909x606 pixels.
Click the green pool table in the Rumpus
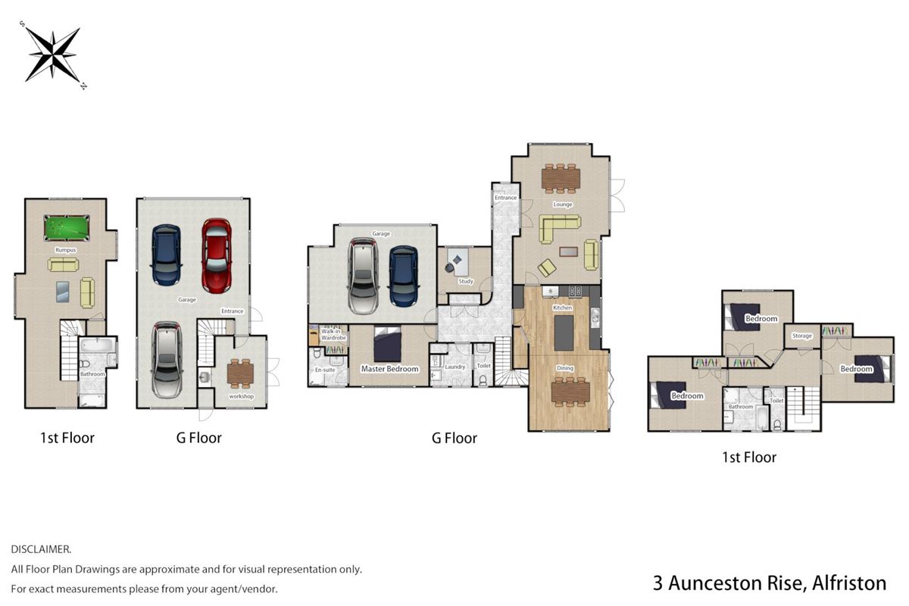[x=67, y=228]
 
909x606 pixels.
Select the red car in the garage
[x=217, y=256]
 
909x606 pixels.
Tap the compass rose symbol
[x=53, y=55]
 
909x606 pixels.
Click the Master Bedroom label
[x=389, y=369]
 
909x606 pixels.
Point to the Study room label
[x=466, y=281]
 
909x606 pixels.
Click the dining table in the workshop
[x=241, y=373]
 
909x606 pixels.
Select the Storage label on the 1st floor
[x=802, y=336]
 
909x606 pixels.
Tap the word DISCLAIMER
[x=41, y=549]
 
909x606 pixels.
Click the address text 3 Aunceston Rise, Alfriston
[x=770, y=583]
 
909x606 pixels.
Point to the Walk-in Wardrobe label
[x=333, y=335]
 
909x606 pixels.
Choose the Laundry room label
[x=454, y=367]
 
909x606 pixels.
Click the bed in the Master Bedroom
[x=388, y=344]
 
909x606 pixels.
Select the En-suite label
[x=325, y=370]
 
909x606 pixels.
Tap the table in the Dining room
[x=570, y=392]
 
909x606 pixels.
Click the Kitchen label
[x=562, y=308]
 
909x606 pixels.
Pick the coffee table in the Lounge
[x=569, y=251]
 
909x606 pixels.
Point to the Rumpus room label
[x=66, y=250]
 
